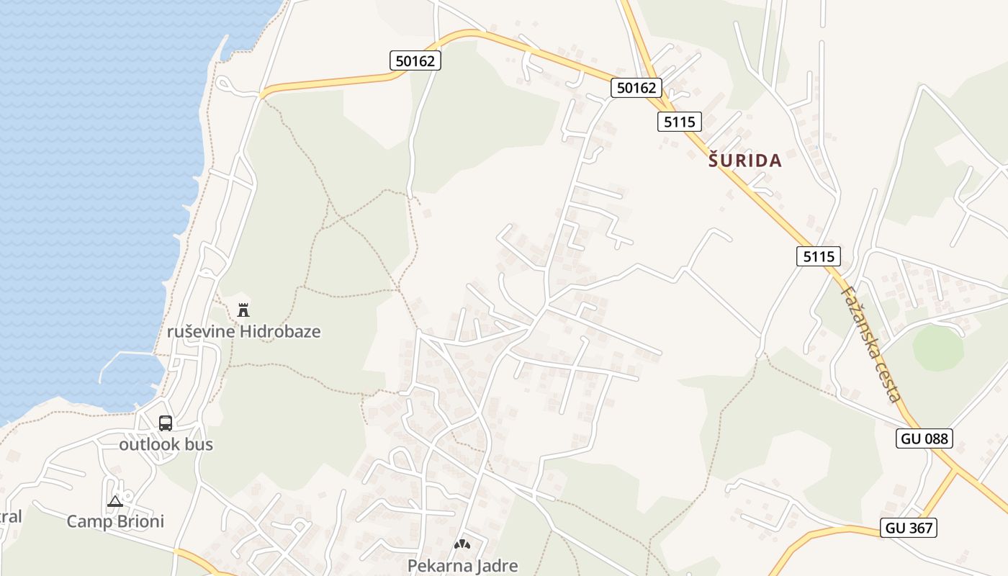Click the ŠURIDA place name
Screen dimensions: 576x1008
(x=744, y=161)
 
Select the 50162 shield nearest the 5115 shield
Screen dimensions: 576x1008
(x=636, y=88)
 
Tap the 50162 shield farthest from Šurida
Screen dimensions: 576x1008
(x=415, y=61)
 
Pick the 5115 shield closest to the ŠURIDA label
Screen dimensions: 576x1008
(x=679, y=122)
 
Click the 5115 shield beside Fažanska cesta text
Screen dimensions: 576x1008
(x=819, y=256)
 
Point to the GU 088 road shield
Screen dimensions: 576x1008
(x=924, y=438)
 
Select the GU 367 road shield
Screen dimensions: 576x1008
(x=909, y=528)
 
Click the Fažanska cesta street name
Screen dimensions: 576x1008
(x=870, y=343)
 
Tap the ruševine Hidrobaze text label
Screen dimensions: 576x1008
(x=243, y=332)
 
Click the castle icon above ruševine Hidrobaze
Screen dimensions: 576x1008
(x=243, y=310)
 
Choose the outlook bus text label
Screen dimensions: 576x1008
(x=166, y=444)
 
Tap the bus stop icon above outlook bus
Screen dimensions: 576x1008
(x=166, y=423)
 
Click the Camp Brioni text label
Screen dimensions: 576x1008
(x=115, y=521)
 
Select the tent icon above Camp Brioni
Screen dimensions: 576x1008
(x=114, y=501)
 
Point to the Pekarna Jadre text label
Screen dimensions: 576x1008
(x=462, y=565)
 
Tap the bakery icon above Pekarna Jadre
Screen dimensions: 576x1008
(x=462, y=545)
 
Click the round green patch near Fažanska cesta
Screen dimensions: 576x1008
(x=937, y=348)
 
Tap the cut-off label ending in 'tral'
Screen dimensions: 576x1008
(x=11, y=516)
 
